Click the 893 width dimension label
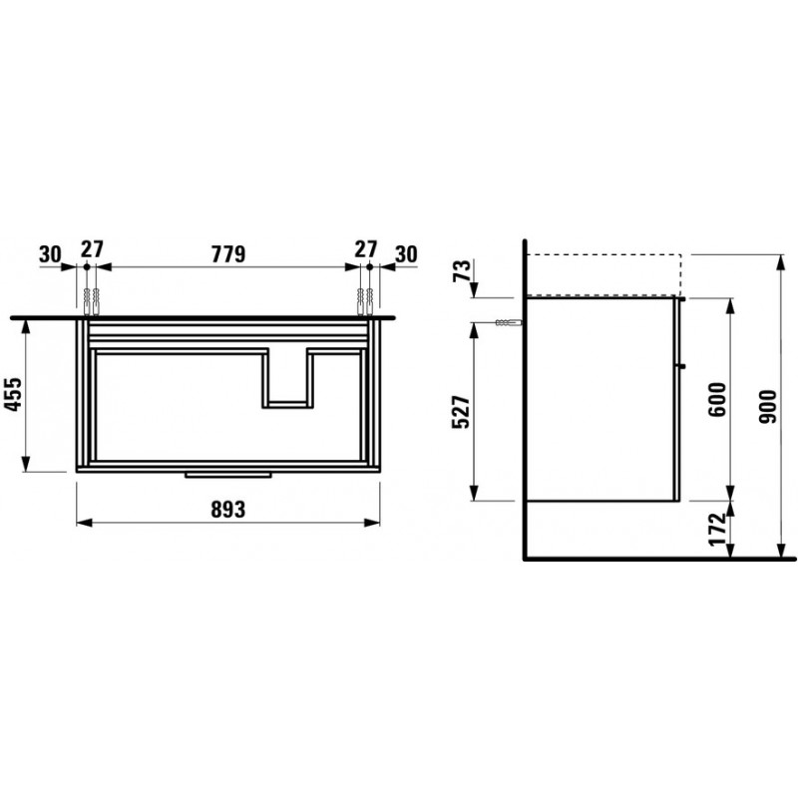pyautogui.click(x=228, y=509)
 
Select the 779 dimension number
pyautogui.click(x=228, y=254)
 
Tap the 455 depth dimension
pyautogui.click(x=14, y=394)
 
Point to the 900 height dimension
pyautogui.click(x=767, y=407)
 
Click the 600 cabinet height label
pyautogui.click(x=717, y=400)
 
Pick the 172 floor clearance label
pyautogui.click(x=717, y=530)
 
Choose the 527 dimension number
pyautogui.click(x=462, y=411)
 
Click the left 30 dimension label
pyautogui.click(x=50, y=254)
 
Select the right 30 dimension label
pyautogui.click(x=406, y=254)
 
